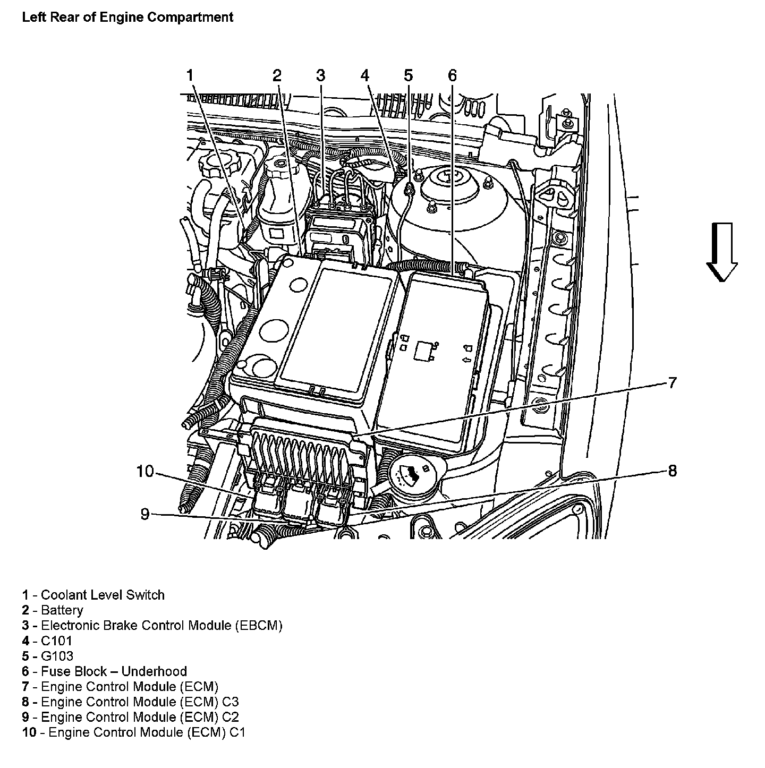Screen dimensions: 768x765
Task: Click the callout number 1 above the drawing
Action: (190, 76)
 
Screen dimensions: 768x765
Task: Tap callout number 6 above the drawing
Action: (452, 76)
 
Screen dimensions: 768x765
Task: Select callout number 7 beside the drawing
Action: (672, 382)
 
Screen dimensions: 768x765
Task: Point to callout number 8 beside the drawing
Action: (672, 471)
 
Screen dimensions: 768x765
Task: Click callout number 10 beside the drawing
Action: (144, 471)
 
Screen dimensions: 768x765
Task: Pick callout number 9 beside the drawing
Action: (144, 514)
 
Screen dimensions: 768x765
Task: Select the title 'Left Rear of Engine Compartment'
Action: (127, 17)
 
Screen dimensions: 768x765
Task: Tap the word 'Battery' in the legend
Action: (62, 610)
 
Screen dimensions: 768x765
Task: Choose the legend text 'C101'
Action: (56, 641)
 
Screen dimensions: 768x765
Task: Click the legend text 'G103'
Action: (57, 656)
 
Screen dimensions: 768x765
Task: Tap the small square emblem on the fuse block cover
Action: (424, 351)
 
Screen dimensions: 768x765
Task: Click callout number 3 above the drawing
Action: (320, 76)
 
